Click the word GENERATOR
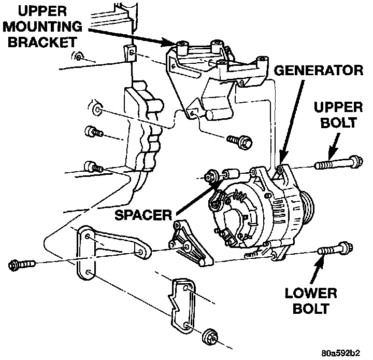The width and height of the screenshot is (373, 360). point(319,71)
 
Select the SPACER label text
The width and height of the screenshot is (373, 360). point(143,215)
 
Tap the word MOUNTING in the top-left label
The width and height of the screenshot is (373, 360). point(42,26)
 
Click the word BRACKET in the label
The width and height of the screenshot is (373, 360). point(42,42)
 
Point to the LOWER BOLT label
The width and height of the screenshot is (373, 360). point(311,301)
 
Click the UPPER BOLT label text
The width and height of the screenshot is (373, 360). point(338,115)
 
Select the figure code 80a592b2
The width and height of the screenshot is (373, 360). point(341,353)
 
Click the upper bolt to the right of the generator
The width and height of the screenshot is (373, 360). point(339,162)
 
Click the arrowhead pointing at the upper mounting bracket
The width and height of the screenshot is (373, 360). point(168,43)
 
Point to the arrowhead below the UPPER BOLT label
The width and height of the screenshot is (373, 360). point(332,153)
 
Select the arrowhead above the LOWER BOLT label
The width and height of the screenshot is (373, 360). point(320,261)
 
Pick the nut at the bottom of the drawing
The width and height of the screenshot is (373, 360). point(210,337)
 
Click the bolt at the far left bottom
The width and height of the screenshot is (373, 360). point(22,265)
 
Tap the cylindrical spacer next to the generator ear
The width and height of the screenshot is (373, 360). point(231,174)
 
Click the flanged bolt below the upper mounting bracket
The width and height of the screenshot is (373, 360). point(239,142)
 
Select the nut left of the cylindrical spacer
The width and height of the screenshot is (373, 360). point(210,176)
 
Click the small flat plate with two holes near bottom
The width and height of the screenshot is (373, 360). point(182,304)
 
